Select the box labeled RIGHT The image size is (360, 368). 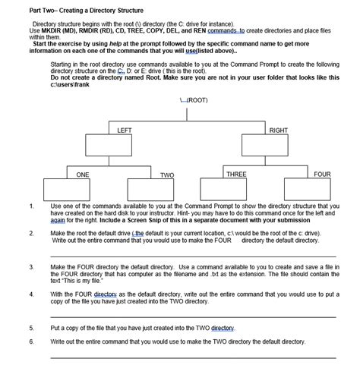pyautogui.click(x=264, y=143)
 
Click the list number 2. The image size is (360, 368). pyautogui.click(x=31, y=233)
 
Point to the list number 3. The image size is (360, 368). pyautogui.click(x=31, y=267)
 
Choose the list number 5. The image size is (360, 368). pyautogui.click(x=31, y=328)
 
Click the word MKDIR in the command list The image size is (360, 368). pyautogui.click(x=51, y=30)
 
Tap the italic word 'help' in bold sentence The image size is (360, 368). pyautogui.click(x=115, y=43)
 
